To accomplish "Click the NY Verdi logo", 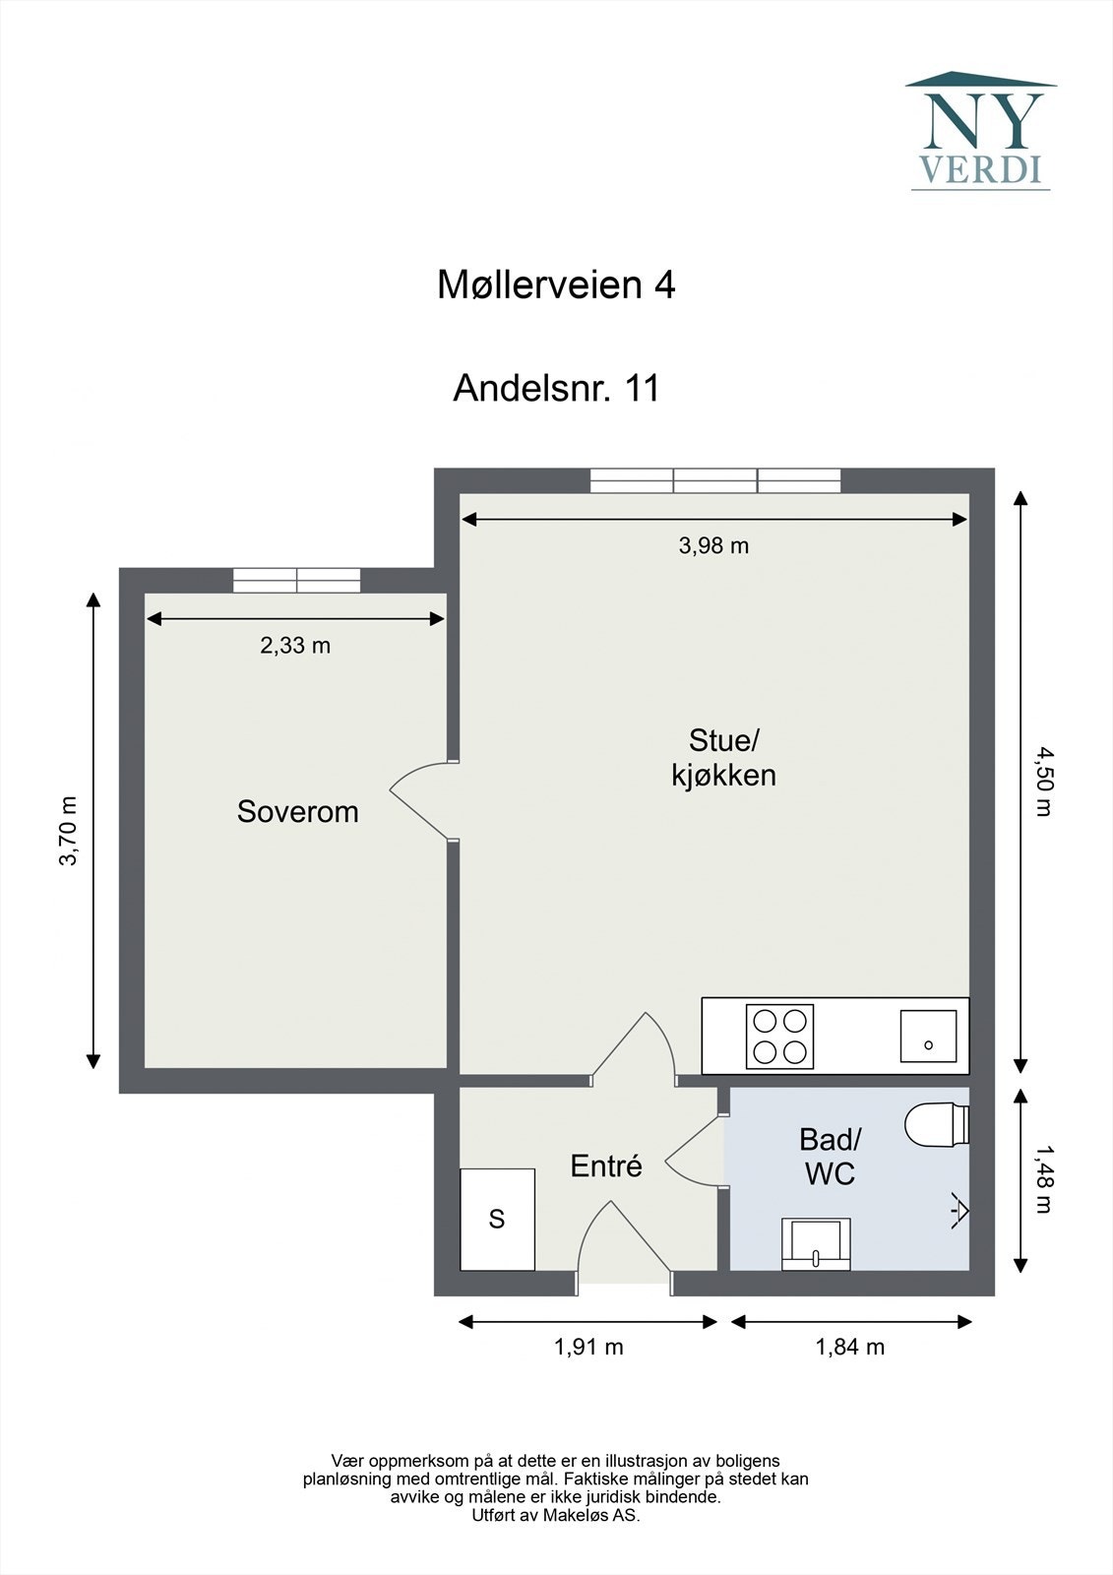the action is coord(981,131).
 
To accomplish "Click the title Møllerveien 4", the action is coord(556,285).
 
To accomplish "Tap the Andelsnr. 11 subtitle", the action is coord(556,388).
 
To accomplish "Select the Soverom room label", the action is coord(297,812).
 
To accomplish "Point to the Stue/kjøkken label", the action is coord(723,757).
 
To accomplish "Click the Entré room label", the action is coord(606,1165).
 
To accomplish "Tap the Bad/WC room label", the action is coord(830,1157).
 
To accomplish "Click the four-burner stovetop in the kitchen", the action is coord(779,1036).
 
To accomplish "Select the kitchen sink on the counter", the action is coord(928,1036).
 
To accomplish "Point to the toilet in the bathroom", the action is coord(937,1125).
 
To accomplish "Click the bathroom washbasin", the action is coord(816,1244).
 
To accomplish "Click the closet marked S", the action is coord(497,1220).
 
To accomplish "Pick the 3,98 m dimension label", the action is coord(713,545).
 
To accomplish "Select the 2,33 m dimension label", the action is coord(295,646).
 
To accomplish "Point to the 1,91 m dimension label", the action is coord(589,1348).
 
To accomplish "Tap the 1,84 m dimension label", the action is coord(850,1348).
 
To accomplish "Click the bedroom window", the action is coord(297,580).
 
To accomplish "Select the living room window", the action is coord(715,480).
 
